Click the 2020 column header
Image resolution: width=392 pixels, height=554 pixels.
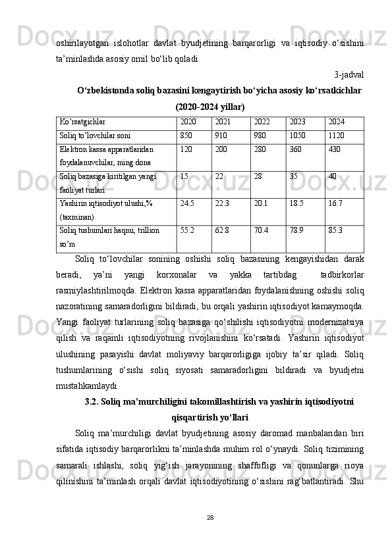point(188,122)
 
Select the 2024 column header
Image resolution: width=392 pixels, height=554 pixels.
point(336,122)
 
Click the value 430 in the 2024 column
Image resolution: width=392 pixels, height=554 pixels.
point(334,149)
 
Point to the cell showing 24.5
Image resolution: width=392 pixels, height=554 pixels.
point(187,203)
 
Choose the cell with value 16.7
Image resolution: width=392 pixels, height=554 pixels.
point(335,203)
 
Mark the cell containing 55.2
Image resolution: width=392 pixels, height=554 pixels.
point(187,231)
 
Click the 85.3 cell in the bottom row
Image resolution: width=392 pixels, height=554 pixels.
point(335,231)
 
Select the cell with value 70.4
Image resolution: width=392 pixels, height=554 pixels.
point(261,231)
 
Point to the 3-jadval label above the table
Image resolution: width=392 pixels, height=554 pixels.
point(349,74)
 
